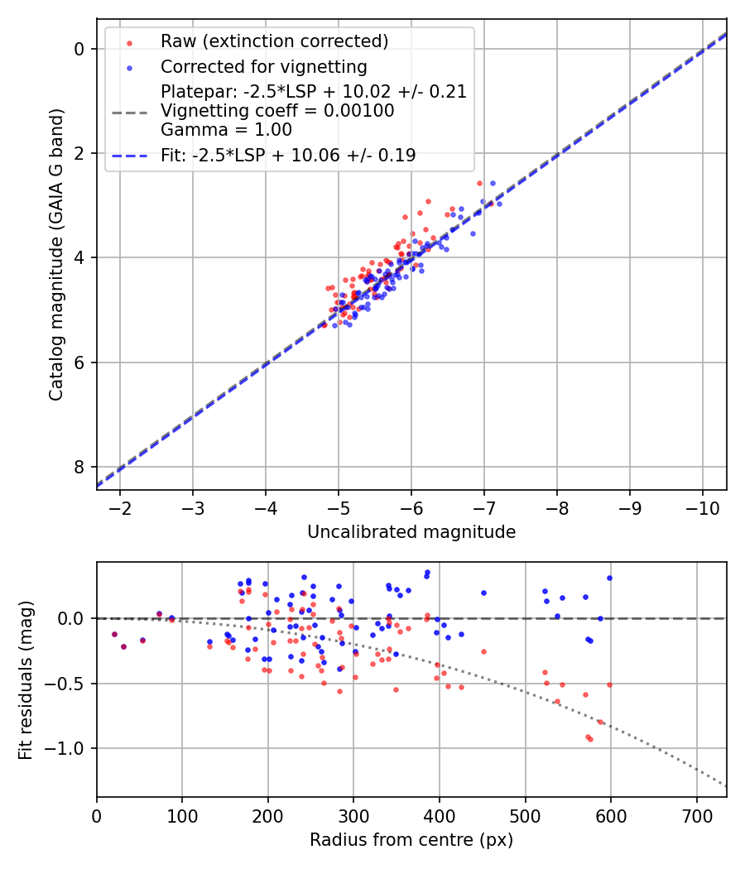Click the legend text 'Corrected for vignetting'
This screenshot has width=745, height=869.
(x=264, y=66)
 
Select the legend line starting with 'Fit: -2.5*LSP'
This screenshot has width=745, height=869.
(x=288, y=154)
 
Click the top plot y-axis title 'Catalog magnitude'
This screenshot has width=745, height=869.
(x=56, y=270)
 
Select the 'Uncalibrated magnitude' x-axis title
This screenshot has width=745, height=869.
(x=411, y=532)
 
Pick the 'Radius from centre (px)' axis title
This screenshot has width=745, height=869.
(x=411, y=840)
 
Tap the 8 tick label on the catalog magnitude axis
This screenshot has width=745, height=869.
(x=79, y=467)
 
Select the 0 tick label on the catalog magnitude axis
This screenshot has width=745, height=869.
(x=79, y=49)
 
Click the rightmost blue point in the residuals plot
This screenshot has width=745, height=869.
(x=609, y=578)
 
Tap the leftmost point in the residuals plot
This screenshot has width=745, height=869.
(x=114, y=634)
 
